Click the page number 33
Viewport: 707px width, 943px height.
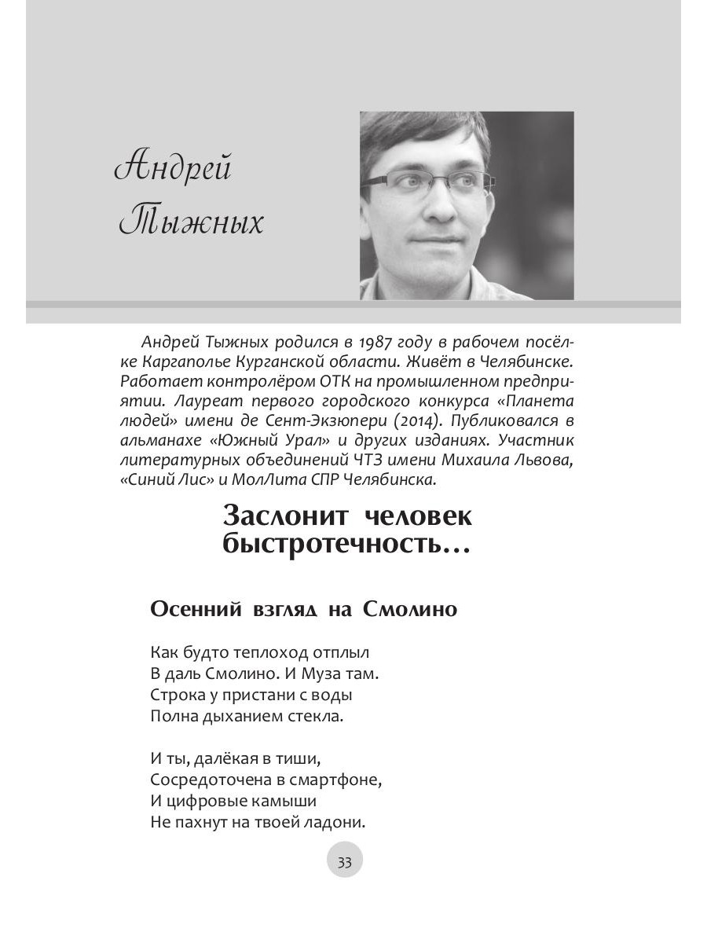tap(344, 862)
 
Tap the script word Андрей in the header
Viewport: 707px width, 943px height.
tap(174, 170)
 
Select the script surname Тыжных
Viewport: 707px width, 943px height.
tap(191, 222)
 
